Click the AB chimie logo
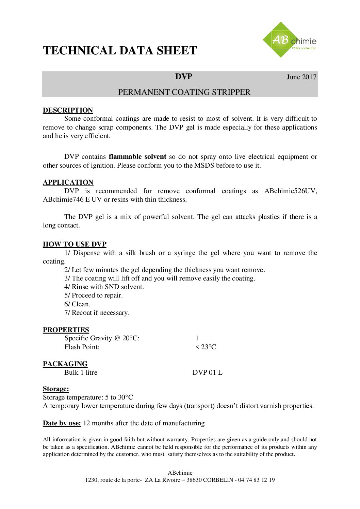point(289,40)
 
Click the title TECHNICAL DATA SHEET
point(120,51)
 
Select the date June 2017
point(301,77)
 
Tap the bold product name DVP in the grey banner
point(184,77)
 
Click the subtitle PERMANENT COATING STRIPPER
point(184,92)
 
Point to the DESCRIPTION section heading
point(68,110)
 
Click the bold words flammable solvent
point(137,157)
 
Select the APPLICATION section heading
point(68,182)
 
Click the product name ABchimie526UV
point(290,191)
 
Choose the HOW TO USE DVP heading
point(75,244)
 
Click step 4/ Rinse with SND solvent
point(104,287)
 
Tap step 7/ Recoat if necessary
point(97,313)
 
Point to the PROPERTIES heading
point(66,330)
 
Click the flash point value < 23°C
point(206,347)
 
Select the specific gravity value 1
point(197,338)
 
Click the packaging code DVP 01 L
point(208,373)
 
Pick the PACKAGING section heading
point(65,364)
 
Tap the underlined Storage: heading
point(56,389)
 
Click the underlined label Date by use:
point(62,423)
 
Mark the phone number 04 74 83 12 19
point(257,480)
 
